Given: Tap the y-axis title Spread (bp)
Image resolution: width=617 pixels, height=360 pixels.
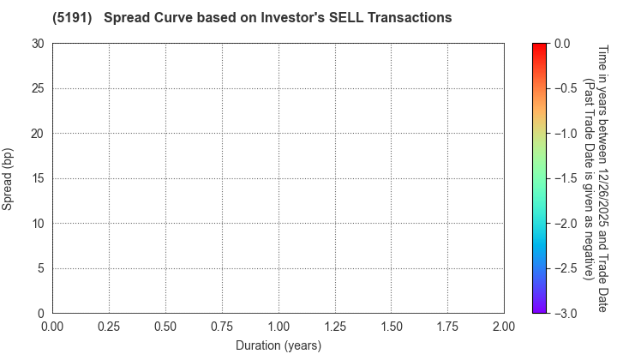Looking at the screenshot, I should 8,177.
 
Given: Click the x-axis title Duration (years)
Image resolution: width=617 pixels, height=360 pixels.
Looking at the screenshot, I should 278,345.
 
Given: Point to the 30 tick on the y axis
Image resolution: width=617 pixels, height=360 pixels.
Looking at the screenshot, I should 39,43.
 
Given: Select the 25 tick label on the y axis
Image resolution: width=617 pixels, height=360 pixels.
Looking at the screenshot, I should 39,88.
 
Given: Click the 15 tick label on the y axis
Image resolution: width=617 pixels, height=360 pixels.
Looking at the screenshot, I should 39,178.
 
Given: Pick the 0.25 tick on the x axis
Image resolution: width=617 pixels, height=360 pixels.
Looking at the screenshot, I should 109,327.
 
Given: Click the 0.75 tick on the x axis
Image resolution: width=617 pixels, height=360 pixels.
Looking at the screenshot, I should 222,327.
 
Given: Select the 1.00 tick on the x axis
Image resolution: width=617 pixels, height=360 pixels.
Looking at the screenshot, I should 279,327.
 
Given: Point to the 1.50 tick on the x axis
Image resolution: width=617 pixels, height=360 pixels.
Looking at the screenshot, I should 391,327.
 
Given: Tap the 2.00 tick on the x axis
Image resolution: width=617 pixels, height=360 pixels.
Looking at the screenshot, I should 504,327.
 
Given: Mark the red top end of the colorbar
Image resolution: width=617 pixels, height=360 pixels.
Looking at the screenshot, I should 540,45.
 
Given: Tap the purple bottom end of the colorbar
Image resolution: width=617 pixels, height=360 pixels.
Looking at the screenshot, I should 540,310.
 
